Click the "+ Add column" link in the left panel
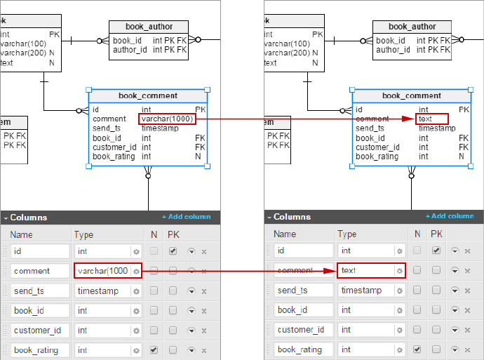[x=187, y=217]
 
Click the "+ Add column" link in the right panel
[x=450, y=216]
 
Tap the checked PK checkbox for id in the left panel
[x=173, y=251]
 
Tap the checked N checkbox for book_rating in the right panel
[x=417, y=349]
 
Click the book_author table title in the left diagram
[x=149, y=27]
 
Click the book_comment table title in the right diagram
[x=412, y=95]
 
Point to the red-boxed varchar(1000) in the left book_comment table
[x=168, y=119]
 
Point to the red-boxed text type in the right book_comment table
[x=432, y=119]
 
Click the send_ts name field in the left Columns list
[x=40, y=291]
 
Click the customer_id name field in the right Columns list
[x=304, y=330]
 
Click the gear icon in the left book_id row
[x=136, y=311]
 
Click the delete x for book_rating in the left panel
[x=204, y=350]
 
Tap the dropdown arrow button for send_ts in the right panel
[x=455, y=291]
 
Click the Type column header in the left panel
[x=83, y=234]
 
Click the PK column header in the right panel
[x=436, y=234]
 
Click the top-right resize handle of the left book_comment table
[x=208, y=90]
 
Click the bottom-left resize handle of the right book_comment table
[x=352, y=166]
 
